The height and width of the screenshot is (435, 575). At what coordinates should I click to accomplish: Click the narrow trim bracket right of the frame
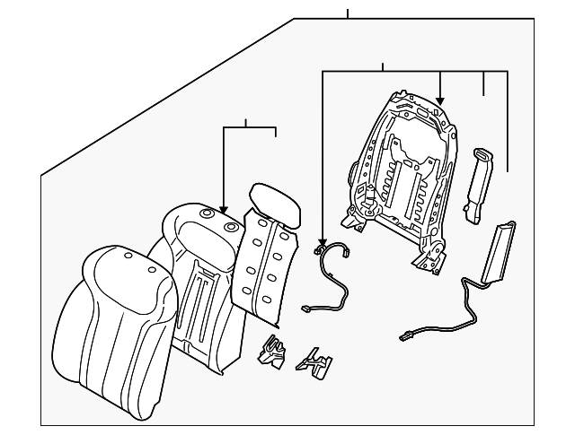click(x=476, y=184)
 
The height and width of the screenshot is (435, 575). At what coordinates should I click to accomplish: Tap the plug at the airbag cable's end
click(x=406, y=338)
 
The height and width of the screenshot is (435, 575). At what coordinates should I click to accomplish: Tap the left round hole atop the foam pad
click(x=208, y=214)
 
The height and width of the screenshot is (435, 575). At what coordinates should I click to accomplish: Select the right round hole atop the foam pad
click(x=232, y=227)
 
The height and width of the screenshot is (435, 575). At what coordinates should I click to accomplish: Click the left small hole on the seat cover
click(x=128, y=257)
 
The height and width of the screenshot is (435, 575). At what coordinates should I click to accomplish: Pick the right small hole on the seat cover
click(x=150, y=266)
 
